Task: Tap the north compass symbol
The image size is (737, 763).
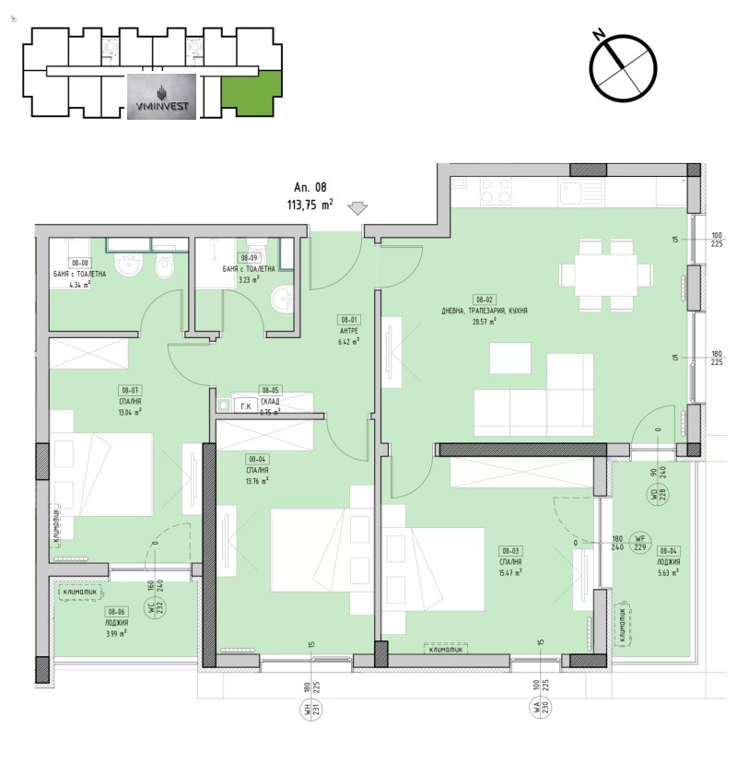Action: [x=624, y=65]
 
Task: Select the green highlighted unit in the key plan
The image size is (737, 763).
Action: [x=248, y=94]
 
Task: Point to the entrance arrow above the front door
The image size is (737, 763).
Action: [x=358, y=209]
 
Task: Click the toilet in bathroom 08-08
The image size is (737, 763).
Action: [x=164, y=268]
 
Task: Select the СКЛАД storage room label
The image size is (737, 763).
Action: [x=269, y=402]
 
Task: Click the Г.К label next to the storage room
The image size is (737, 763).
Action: [x=245, y=405]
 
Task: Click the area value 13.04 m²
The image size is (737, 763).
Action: [x=130, y=413]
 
